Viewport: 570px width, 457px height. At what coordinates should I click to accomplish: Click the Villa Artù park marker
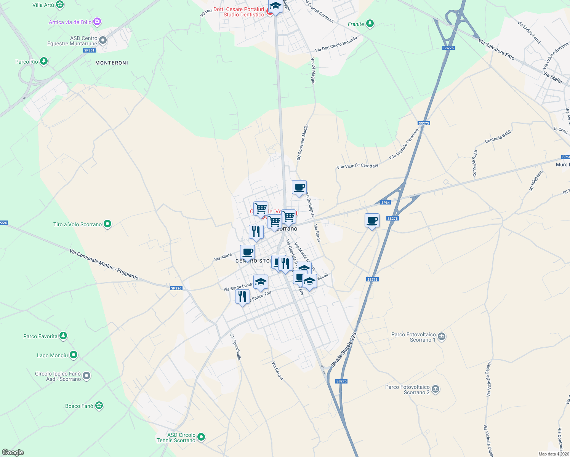coord(60,5)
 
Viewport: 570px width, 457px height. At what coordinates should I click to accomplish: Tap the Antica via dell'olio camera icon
coord(97,22)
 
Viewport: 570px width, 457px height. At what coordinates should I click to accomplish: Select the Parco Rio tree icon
coord(44,61)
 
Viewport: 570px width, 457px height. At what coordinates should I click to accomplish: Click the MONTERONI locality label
coord(112,63)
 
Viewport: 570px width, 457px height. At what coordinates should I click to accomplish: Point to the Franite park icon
coord(370,24)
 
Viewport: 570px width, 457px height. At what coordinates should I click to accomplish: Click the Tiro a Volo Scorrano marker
coord(107,224)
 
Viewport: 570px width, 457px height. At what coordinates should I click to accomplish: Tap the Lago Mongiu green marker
coord(74,355)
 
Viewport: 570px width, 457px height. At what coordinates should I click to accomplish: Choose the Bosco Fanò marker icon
coord(99,406)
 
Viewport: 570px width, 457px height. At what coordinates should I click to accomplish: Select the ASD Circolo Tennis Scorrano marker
coord(202,437)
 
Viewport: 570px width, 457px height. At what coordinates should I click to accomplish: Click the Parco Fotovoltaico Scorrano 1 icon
coord(442,337)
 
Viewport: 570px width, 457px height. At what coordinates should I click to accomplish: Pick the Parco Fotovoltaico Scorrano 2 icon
coord(436,389)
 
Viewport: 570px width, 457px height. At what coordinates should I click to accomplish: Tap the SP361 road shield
coord(89,50)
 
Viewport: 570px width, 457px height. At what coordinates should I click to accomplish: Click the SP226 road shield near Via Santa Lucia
coord(176,288)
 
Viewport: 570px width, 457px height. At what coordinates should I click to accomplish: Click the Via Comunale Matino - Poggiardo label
coord(104,264)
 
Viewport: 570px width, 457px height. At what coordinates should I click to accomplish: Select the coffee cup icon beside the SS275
coord(372,221)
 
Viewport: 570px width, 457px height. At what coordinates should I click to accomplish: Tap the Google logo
coord(13,452)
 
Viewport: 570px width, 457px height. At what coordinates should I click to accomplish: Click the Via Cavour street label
coord(277,371)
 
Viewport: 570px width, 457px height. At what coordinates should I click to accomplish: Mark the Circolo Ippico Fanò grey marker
coord(87,376)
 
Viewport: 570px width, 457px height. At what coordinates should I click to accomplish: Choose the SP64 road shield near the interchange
coord(386,203)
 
